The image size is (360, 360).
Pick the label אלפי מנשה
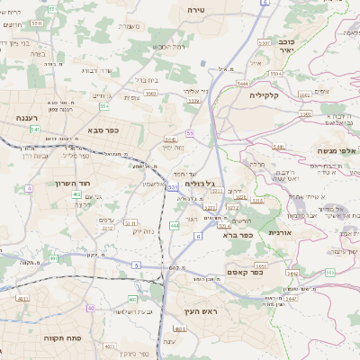click(337, 150)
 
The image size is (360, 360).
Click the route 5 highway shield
click(136, 265)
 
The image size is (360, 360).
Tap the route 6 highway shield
click(197, 236)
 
